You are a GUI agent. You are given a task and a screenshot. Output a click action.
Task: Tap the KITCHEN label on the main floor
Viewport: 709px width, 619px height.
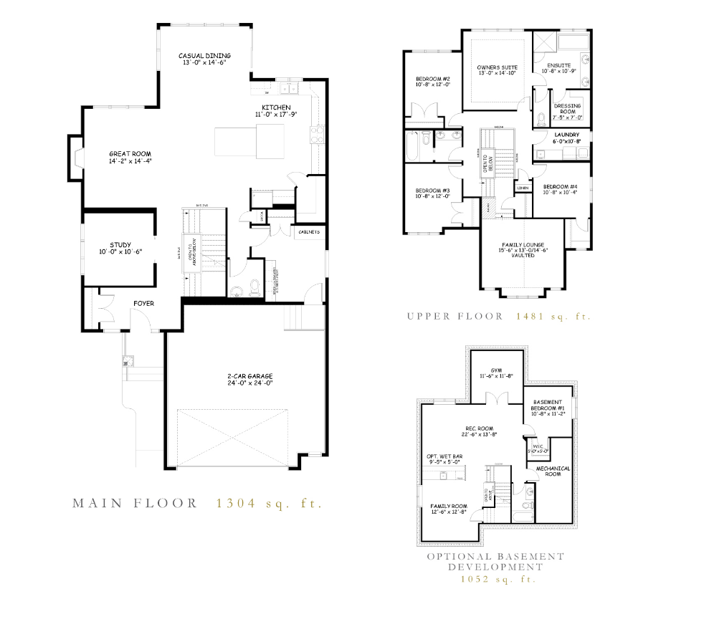click(x=275, y=107)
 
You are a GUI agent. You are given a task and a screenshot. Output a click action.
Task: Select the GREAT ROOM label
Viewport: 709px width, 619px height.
click(x=130, y=154)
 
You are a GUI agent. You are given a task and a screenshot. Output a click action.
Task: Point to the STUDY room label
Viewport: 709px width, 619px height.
click(x=120, y=245)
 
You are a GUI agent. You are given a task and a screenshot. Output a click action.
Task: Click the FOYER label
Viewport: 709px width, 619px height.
click(x=143, y=303)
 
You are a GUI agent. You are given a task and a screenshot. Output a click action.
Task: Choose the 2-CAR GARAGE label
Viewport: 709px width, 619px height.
click(x=246, y=376)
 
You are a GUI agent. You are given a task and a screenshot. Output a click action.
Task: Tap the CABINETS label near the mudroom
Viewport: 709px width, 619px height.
click(x=309, y=232)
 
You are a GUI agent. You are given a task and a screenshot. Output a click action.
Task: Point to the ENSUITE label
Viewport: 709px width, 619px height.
click(x=558, y=65)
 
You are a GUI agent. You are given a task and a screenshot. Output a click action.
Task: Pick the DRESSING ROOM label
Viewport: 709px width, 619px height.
click(x=568, y=106)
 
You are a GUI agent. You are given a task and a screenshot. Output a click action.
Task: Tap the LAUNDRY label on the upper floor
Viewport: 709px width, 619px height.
click(x=566, y=135)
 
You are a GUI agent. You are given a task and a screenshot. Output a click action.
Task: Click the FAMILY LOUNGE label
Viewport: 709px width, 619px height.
click(x=523, y=245)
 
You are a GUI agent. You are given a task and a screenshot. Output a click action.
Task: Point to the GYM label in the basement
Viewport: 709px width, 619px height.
click(x=496, y=370)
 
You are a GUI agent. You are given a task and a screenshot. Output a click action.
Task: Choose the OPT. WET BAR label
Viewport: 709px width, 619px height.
click(x=443, y=456)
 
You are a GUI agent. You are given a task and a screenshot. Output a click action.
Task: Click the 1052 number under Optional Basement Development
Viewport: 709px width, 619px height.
click(x=475, y=579)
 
